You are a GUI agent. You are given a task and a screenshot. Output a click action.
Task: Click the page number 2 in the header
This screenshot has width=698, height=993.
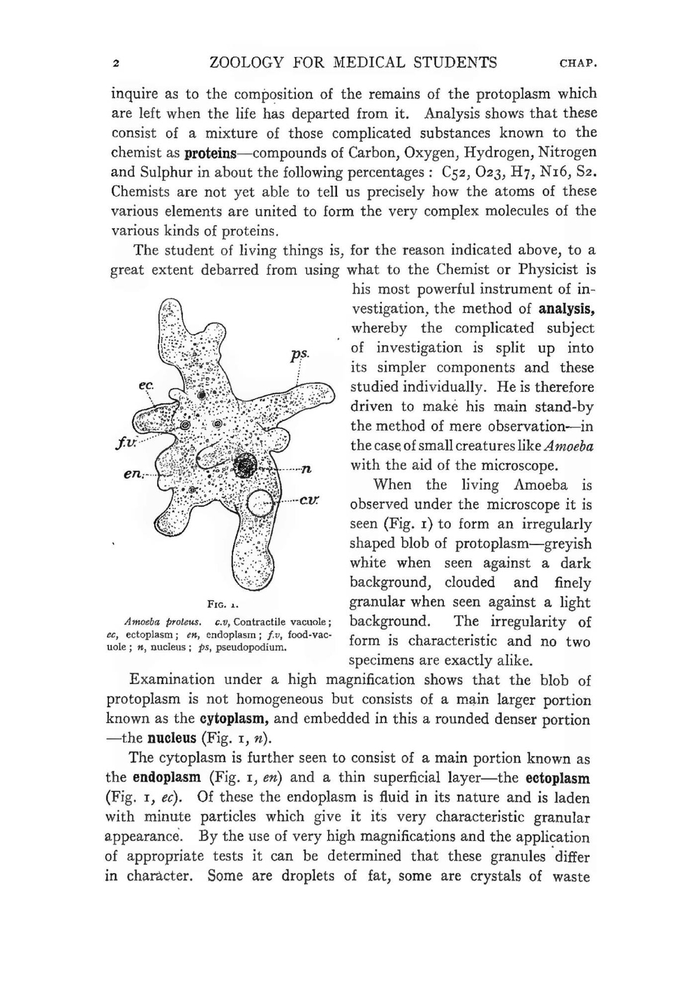(116, 64)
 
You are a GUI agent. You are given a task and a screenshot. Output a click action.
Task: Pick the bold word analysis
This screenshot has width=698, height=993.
(566, 309)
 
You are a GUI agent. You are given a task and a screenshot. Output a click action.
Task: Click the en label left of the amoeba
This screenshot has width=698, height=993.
(133, 474)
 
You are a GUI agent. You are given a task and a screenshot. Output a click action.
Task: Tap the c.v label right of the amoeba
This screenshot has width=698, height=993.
(309, 500)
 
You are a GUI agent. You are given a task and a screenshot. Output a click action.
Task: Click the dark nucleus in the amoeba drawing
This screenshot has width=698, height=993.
(246, 466)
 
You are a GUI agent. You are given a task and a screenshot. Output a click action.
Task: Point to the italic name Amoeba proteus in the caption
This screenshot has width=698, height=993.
(163, 621)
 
